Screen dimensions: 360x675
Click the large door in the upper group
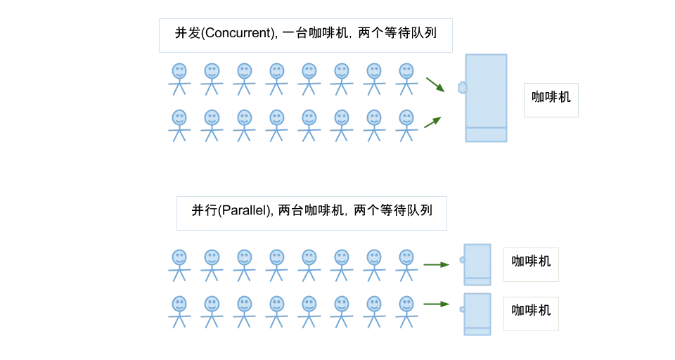(486, 98)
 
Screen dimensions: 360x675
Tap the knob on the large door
(462, 88)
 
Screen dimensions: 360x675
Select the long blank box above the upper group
(307, 37)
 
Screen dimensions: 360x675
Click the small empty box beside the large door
(551, 98)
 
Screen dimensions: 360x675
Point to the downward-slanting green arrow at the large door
(435, 84)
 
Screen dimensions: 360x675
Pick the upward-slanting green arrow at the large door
(433, 122)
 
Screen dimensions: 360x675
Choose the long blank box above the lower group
(312, 211)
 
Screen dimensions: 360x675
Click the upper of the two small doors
(478, 264)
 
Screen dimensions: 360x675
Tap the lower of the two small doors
(478, 314)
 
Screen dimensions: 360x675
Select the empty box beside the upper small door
(531, 267)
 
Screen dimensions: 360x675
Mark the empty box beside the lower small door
(531, 312)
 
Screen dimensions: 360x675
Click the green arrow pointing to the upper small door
(436, 265)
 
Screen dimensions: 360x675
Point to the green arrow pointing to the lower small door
(436, 304)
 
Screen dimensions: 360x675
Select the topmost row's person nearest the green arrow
(406, 77)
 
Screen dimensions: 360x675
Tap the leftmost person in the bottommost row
(179, 311)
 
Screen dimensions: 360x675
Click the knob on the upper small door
(461, 259)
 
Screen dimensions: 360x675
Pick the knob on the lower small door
(461, 309)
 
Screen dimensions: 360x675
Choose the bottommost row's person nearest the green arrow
(406, 311)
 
